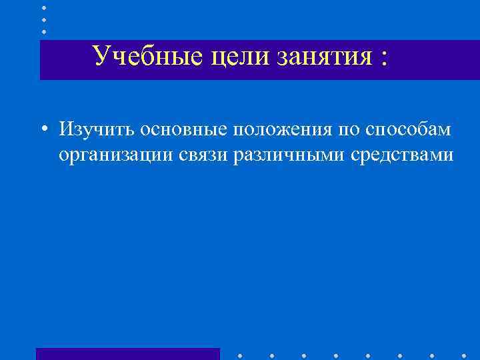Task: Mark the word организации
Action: click(x=116, y=155)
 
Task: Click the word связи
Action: click(x=203, y=155)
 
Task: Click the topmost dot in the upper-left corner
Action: click(x=44, y=7)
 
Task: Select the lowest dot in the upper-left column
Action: click(x=44, y=31)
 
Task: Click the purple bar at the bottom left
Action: click(x=127, y=354)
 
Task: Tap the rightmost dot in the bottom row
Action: click(x=465, y=355)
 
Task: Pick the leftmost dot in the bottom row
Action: click(x=240, y=355)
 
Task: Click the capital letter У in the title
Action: click(x=101, y=57)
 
